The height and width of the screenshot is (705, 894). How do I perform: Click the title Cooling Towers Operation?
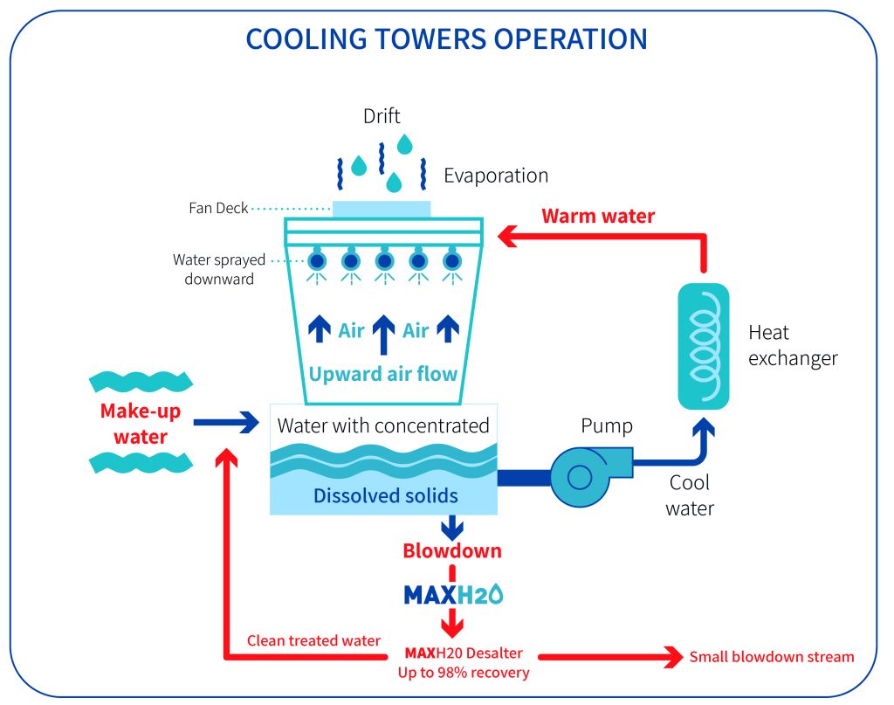446,39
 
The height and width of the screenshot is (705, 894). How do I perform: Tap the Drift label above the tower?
382,115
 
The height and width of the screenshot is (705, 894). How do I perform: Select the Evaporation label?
496,176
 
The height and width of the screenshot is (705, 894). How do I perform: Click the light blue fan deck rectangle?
382,209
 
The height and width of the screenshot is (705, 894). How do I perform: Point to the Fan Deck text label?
219,209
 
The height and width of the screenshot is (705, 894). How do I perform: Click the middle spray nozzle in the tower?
384,260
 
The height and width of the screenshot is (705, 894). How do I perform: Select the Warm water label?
598,216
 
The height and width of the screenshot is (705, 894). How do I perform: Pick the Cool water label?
689,495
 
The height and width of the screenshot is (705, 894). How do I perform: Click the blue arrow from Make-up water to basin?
226,423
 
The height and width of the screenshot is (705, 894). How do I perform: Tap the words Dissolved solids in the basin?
385,496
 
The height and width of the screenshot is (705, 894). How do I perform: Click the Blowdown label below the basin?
451,551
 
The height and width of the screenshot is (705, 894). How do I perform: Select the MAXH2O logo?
452,594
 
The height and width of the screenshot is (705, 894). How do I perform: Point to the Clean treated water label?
313,641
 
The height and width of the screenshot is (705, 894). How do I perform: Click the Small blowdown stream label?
772,657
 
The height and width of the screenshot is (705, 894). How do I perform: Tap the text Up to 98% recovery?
463,673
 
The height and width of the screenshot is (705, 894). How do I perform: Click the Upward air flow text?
383,374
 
